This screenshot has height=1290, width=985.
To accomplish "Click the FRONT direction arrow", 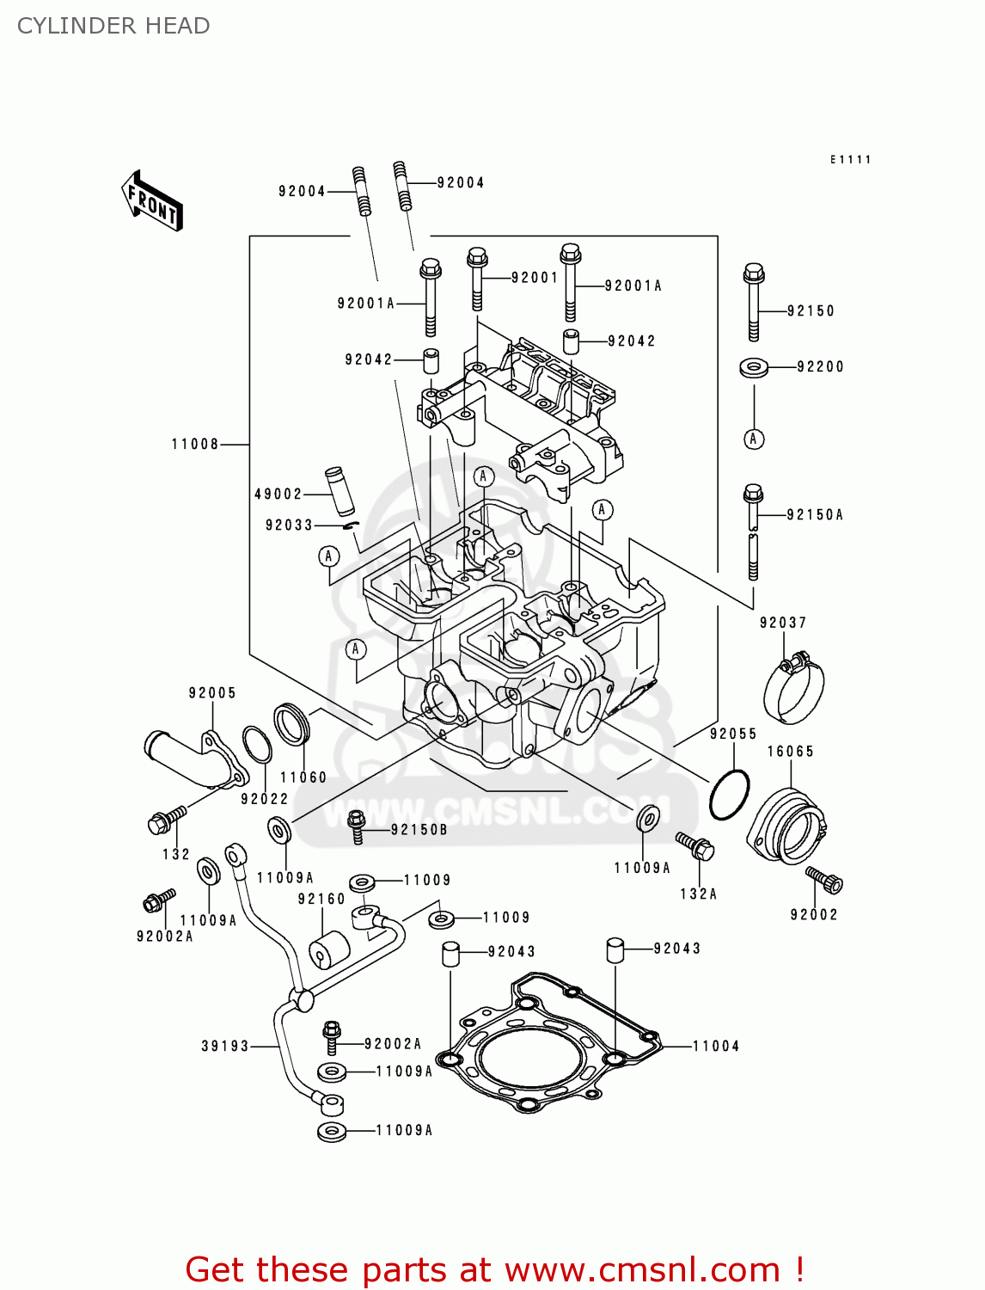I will (x=152, y=201).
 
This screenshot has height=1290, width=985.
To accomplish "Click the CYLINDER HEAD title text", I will (x=113, y=26).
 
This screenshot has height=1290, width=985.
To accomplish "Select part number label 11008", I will (x=195, y=445).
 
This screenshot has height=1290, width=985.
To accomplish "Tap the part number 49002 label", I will (x=278, y=494).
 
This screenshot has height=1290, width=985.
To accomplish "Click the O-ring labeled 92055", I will (x=729, y=795).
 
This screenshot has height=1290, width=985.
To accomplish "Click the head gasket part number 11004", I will (x=716, y=1047).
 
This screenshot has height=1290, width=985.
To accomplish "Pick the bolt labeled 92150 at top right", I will (x=753, y=301).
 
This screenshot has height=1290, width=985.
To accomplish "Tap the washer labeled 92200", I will (x=754, y=367).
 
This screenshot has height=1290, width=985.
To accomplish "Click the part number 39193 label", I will (x=225, y=1047).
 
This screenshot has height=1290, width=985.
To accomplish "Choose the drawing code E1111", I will (x=850, y=160).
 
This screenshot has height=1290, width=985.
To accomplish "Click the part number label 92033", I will (x=289, y=525).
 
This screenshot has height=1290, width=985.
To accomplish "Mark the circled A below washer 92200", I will (x=754, y=439).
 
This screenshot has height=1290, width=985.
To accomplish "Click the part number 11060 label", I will (x=303, y=777).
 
